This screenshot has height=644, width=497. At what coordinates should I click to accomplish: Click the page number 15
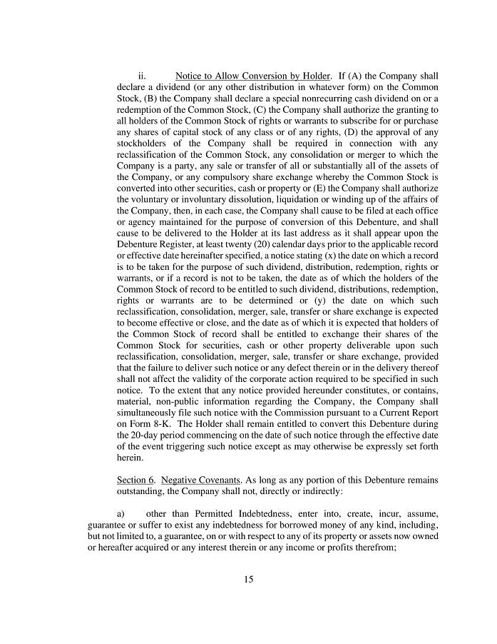click(248, 579)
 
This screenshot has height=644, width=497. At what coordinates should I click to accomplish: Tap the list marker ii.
click(142, 76)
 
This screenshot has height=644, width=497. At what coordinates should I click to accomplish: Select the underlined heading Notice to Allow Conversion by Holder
click(252, 76)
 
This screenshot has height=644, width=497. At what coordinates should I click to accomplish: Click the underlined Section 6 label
click(135, 480)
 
